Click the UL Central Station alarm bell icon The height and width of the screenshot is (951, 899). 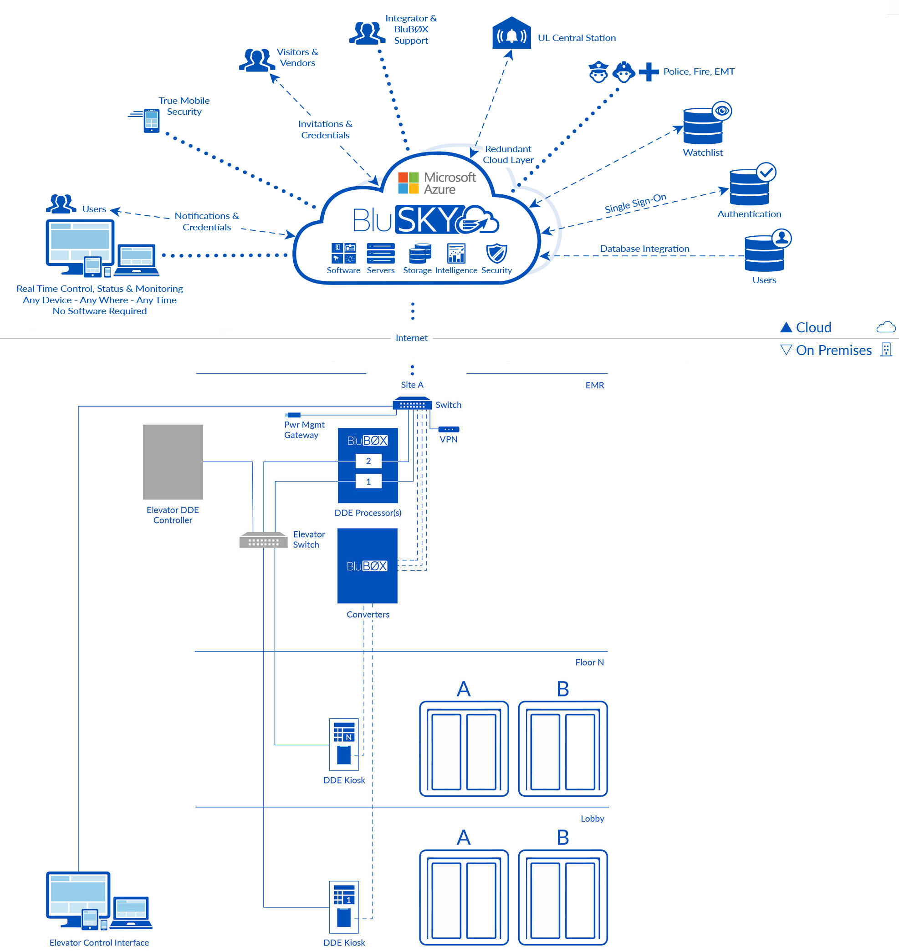(x=511, y=35)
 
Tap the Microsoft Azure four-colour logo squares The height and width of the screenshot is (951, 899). (x=409, y=183)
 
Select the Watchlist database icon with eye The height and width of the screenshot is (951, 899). (x=703, y=125)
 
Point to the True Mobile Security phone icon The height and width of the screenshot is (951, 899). (x=152, y=120)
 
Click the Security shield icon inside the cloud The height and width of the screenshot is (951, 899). (x=496, y=253)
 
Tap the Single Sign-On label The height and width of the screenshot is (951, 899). (x=635, y=203)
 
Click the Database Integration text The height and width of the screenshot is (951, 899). (x=644, y=249)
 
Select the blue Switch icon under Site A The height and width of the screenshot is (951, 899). (x=412, y=404)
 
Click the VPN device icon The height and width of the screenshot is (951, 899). (x=449, y=429)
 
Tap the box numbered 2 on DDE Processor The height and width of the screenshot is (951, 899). (x=368, y=461)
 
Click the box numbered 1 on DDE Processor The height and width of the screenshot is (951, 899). (x=368, y=482)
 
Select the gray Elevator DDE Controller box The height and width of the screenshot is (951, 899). (x=173, y=462)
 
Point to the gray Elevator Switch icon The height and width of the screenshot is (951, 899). (x=263, y=540)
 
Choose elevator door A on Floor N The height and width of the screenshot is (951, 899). (x=464, y=748)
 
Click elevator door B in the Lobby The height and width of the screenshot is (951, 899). (x=562, y=897)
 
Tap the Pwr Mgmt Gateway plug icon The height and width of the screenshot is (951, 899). (x=293, y=415)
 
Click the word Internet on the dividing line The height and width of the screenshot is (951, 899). (x=411, y=338)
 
